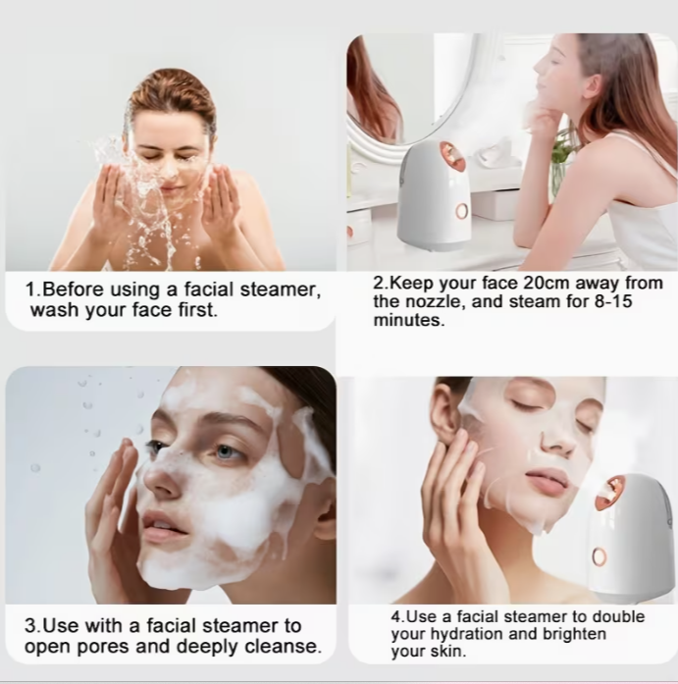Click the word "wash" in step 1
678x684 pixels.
[x=55, y=311]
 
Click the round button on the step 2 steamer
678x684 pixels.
[x=461, y=211]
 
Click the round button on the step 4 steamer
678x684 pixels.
[x=599, y=556]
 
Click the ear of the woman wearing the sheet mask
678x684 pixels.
[x=446, y=417]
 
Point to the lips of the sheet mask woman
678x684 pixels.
[x=547, y=481]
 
